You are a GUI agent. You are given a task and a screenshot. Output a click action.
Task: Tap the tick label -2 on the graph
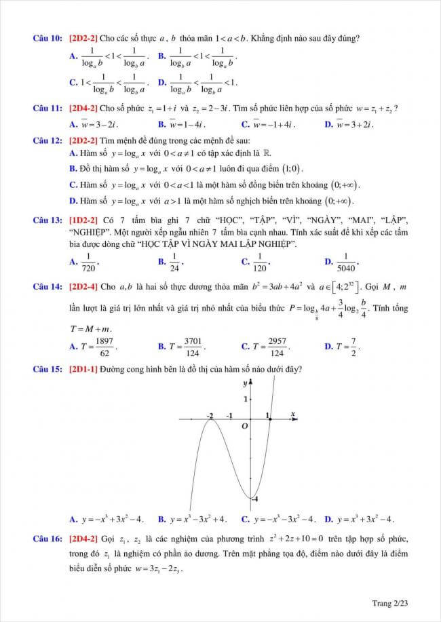point(210,414)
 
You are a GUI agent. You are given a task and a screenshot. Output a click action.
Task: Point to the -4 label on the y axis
point(256,499)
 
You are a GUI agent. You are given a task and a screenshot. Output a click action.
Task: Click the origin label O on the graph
point(246,425)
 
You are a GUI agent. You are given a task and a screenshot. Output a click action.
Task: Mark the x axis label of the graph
point(292,413)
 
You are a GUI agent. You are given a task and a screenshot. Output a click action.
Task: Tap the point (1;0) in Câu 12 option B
point(290,169)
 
